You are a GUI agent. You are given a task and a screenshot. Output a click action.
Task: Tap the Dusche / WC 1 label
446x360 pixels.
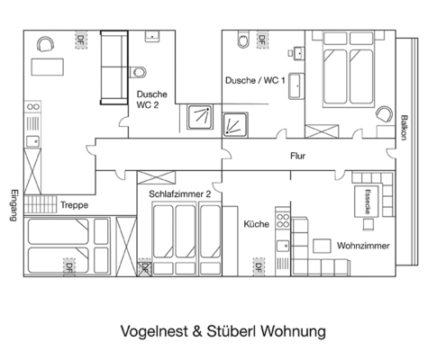(255, 80)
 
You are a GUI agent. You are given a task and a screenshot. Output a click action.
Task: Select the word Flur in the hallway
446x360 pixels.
(298, 155)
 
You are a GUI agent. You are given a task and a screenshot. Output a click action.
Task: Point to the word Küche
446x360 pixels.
(257, 223)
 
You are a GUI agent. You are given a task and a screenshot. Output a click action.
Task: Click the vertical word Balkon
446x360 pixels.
(405, 130)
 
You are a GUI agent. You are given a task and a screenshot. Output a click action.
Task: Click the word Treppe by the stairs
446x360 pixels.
(74, 205)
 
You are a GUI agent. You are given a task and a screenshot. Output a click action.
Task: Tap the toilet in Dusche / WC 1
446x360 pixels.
(241, 41)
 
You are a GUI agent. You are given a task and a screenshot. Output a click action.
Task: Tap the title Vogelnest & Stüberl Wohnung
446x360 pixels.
(223, 330)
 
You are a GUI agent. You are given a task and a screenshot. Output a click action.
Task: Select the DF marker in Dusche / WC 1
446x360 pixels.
(261, 40)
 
